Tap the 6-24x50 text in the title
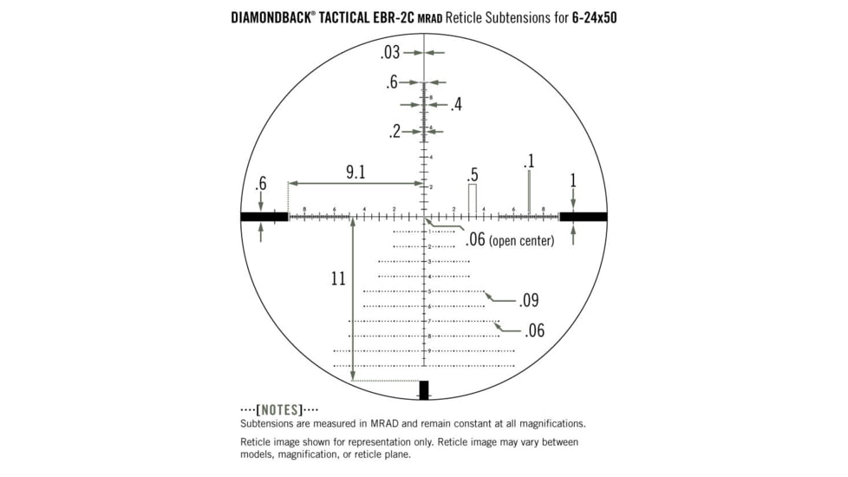(x=594, y=16)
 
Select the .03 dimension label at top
(x=389, y=53)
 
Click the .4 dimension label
(x=456, y=105)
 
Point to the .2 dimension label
(x=395, y=132)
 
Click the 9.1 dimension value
(x=356, y=172)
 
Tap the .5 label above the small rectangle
(x=473, y=173)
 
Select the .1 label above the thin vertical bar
(x=528, y=161)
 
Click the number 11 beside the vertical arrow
(x=338, y=278)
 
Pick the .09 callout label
(x=529, y=301)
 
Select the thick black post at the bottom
(x=424, y=389)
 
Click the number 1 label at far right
(x=572, y=180)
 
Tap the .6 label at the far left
(x=260, y=184)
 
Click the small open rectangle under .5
(x=473, y=198)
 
